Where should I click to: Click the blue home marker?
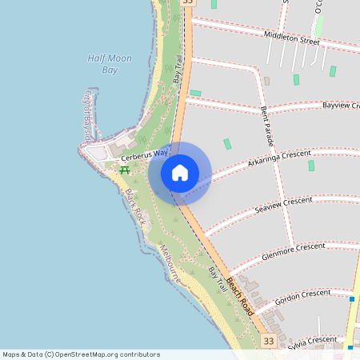[x=180, y=172]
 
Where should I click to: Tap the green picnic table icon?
[x=125, y=170]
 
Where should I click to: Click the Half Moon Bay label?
[x=102, y=64]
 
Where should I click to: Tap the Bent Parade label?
[x=269, y=126]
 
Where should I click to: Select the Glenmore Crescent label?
[x=293, y=251]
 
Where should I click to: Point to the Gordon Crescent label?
[x=302, y=296]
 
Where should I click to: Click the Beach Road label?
[x=239, y=295]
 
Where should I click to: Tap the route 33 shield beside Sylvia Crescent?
[x=268, y=342]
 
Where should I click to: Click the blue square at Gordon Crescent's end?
[x=351, y=299]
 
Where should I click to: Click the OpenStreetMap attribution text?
[x=81, y=354]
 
